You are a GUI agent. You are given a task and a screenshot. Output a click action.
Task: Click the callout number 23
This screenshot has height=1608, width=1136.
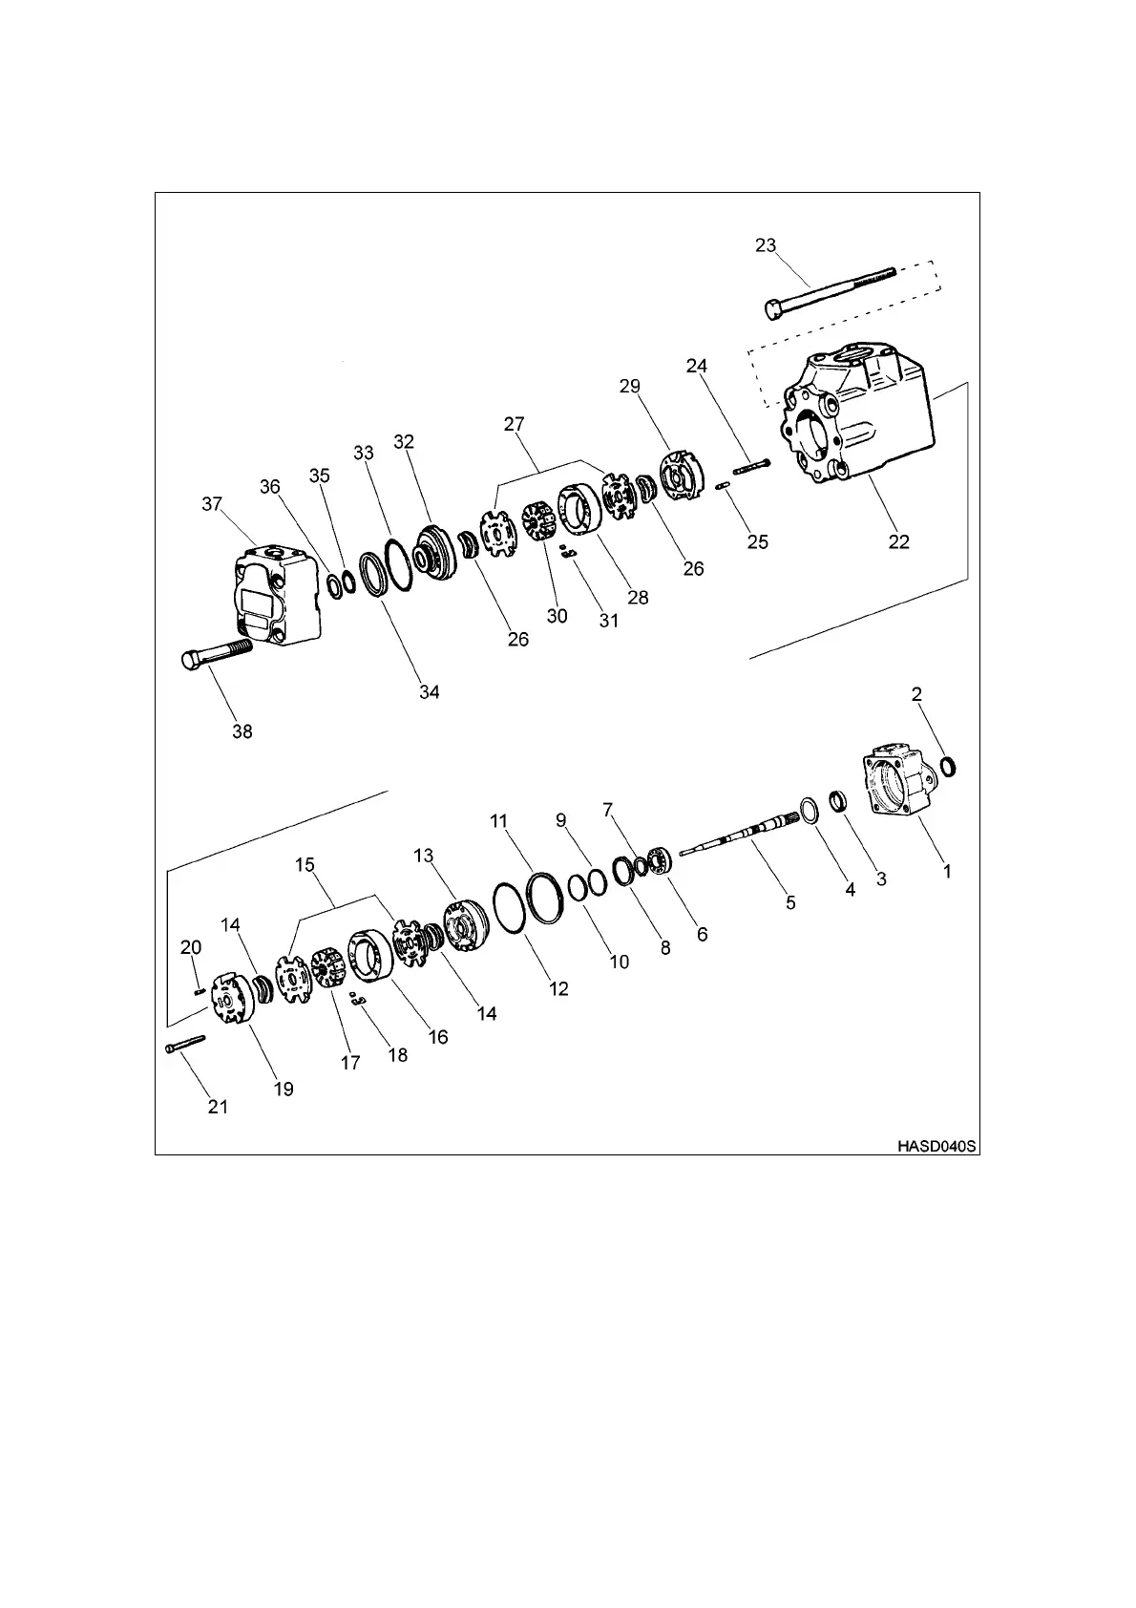tap(766, 246)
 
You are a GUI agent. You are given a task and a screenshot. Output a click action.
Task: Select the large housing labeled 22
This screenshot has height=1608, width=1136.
tap(859, 420)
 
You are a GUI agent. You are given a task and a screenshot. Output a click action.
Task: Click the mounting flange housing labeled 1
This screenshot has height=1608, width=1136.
tap(895, 783)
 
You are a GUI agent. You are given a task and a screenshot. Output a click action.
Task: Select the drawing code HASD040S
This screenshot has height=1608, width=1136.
tap(936, 1145)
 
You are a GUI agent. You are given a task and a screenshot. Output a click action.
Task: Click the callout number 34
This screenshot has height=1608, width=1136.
tap(430, 692)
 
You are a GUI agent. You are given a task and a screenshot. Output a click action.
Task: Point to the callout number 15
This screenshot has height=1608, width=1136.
tap(305, 865)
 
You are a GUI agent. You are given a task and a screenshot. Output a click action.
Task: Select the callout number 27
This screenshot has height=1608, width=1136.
tap(515, 424)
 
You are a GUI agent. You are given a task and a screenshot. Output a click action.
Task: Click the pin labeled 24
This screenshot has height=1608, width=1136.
tap(752, 466)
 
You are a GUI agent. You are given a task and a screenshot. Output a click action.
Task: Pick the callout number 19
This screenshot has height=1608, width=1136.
tap(284, 1089)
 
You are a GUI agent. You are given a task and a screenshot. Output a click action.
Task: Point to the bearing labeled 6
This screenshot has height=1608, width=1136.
tap(661, 859)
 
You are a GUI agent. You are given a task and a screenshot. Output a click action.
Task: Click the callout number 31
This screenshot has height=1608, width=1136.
tap(608, 621)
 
